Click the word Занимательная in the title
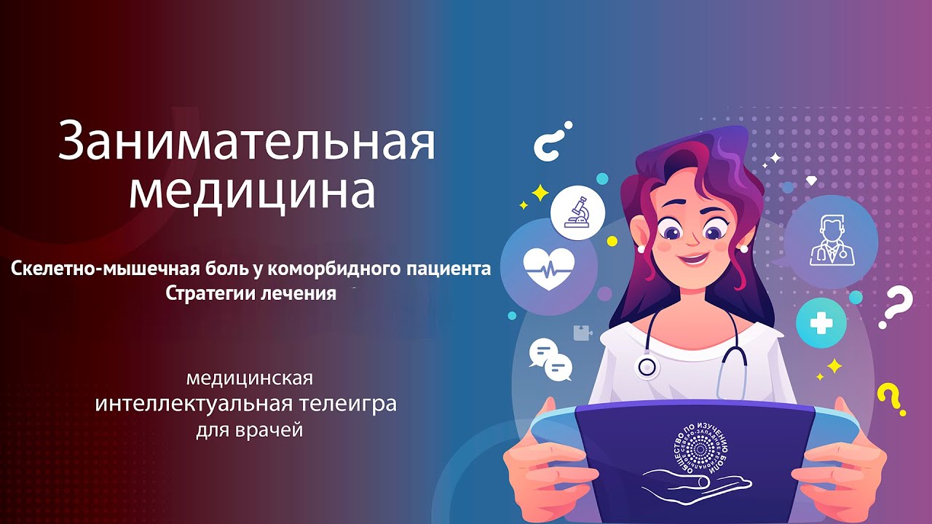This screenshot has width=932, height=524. (x=246, y=140)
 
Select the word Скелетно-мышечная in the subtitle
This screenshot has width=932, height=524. (x=101, y=269)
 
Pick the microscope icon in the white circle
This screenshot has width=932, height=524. (x=578, y=213)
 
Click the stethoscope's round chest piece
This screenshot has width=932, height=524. (x=647, y=366)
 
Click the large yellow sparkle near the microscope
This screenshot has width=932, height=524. (x=540, y=192)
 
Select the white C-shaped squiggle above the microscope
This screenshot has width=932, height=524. (x=552, y=141)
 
